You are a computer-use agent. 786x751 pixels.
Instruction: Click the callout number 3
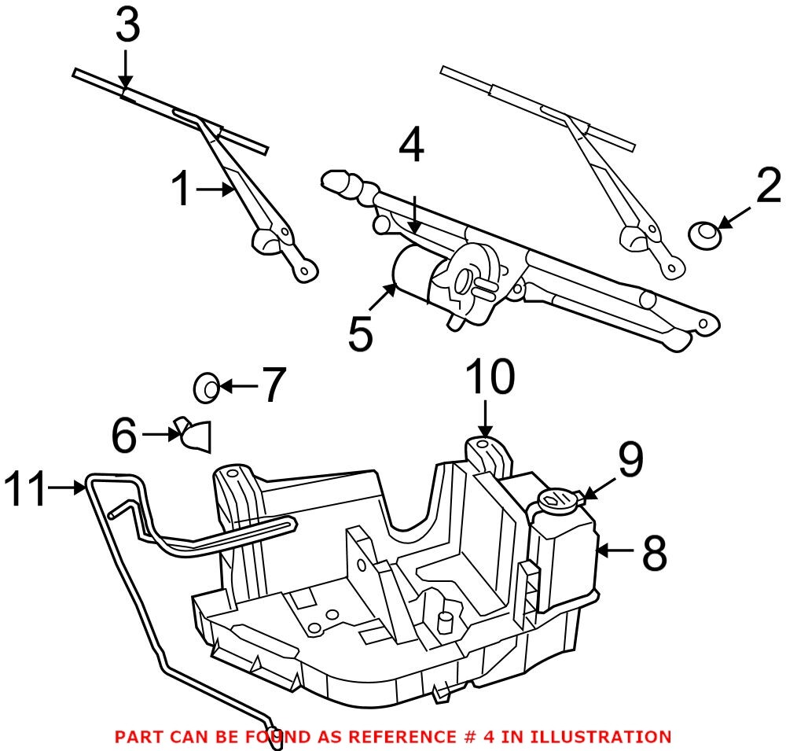pos(127,28)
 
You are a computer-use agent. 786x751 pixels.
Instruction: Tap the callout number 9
pos(630,461)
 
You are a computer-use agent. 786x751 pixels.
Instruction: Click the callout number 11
pos(25,488)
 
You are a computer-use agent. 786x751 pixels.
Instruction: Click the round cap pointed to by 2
pos(704,234)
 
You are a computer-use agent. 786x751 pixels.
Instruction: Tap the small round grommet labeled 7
pos(206,387)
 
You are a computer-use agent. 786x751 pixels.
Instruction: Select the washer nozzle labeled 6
pos(195,434)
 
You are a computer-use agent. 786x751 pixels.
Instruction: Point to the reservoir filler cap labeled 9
pos(556,499)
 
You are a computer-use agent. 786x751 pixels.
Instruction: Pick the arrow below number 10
pos(486,418)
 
